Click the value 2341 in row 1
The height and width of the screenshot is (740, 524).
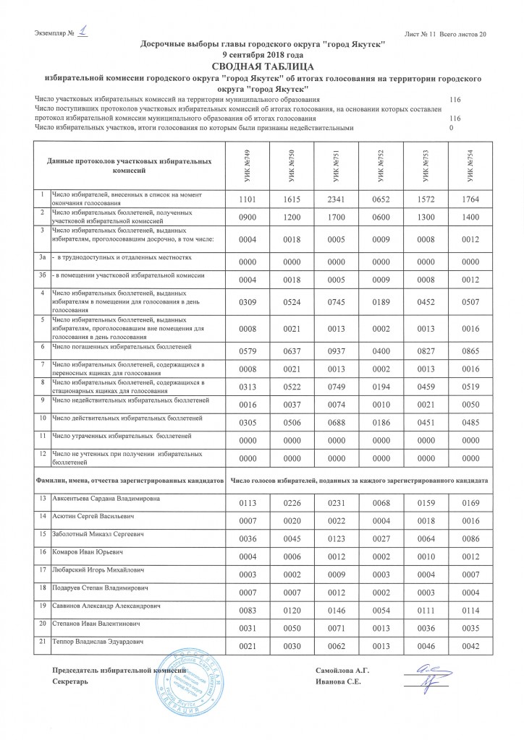331,198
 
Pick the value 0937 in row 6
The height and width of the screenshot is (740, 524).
331,352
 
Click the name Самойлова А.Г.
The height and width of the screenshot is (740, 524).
342,671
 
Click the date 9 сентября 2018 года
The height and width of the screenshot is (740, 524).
263,55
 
